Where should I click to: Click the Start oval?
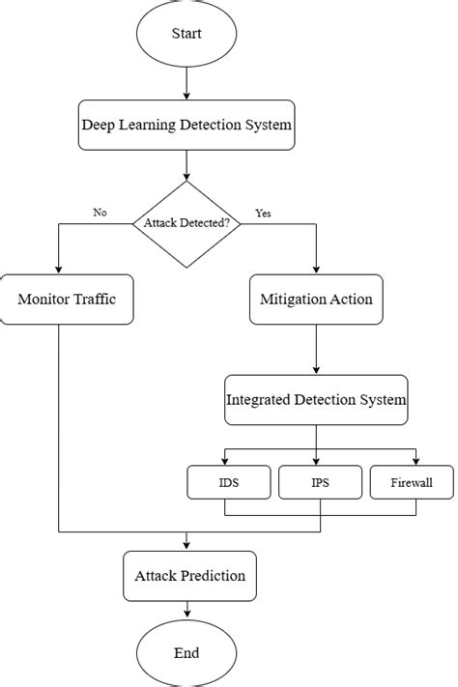[186, 34]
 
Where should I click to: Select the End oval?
[186, 652]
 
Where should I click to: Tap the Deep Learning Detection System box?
[186, 125]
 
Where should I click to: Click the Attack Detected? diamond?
[186, 224]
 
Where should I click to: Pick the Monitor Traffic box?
[67, 299]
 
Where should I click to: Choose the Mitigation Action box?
[316, 299]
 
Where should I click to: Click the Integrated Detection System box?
[316, 399]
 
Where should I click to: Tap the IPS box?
[319, 481]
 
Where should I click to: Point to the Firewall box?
[411, 481]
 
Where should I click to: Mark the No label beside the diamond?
[100, 213]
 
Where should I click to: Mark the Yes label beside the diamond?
[263, 213]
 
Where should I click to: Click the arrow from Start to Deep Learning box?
[186, 83]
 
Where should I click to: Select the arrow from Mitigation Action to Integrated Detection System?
[316, 348]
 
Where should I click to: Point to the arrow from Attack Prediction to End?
[186, 611]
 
